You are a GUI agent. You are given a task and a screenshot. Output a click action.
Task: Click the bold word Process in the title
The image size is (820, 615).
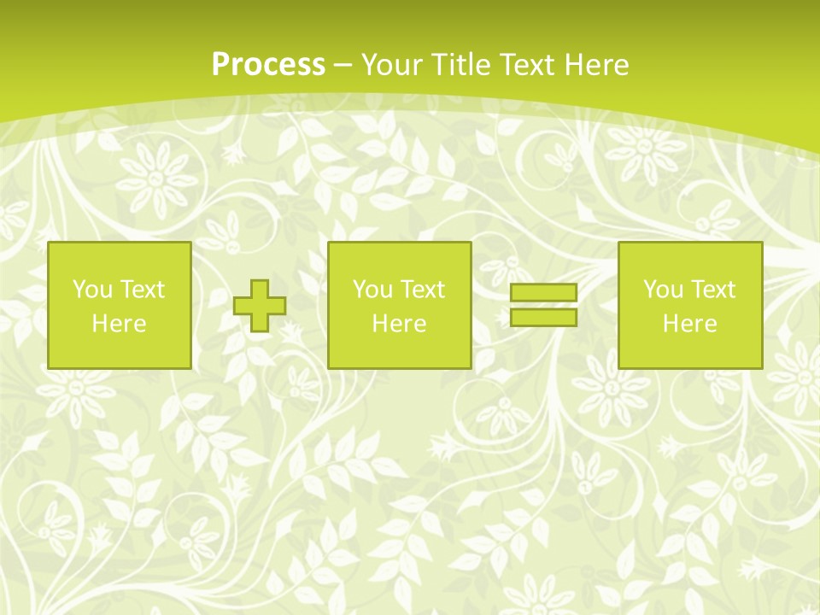pyautogui.click(x=268, y=65)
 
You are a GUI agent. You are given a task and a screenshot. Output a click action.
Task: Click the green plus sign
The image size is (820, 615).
pyautogui.click(x=260, y=306)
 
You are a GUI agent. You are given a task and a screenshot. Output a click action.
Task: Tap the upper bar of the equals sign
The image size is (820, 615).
pyautogui.click(x=543, y=293)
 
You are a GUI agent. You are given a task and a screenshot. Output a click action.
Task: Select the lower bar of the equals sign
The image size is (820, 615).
pyautogui.click(x=543, y=317)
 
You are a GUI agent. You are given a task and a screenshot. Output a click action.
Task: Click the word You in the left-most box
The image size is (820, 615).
pyautogui.click(x=91, y=290)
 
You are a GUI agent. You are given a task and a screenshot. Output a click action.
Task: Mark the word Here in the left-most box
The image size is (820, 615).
pyautogui.click(x=119, y=324)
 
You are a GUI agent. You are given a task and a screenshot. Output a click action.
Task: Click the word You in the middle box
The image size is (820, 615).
pyautogui.click(x=372, y=290)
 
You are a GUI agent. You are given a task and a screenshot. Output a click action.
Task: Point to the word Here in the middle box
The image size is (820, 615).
pyautogui.click(x=399, y=324)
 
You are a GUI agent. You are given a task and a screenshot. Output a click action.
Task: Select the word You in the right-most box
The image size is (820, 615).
pyautogui.click(x=662, y=290)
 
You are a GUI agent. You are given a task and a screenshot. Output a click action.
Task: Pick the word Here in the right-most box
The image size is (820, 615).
pyautogui.click(x=689, y=324)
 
